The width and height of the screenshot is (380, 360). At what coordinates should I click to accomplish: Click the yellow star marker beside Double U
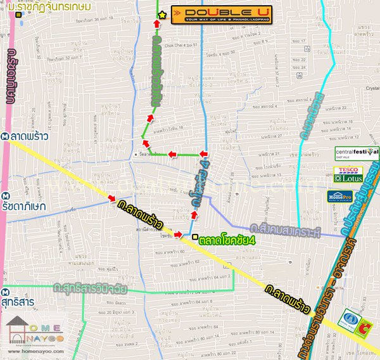[163, 14]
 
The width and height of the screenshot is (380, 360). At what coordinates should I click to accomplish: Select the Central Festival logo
[357, 153]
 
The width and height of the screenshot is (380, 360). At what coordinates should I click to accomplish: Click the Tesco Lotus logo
[348, 175]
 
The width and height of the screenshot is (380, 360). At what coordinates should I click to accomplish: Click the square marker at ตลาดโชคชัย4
[194, 237]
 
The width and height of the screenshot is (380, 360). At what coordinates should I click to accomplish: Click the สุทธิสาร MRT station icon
[5, 293]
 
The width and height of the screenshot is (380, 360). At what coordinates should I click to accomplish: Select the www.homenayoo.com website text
[35, 350]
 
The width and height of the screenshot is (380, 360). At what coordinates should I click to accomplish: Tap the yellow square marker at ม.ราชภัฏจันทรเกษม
[20, 13]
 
